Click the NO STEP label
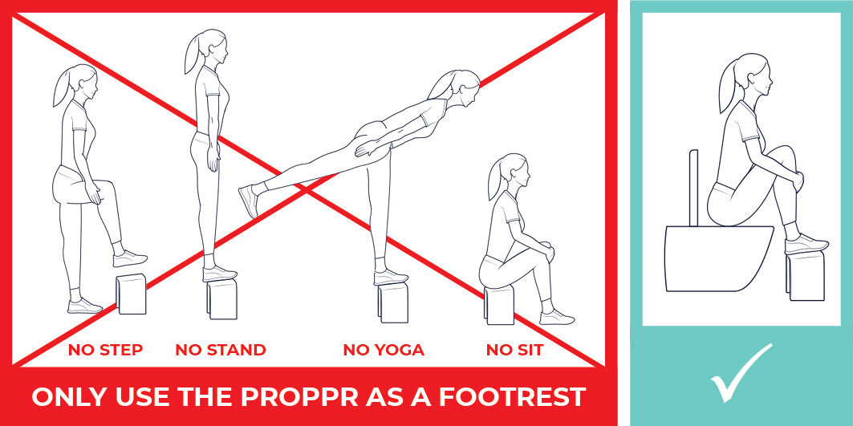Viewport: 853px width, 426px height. (106, 350)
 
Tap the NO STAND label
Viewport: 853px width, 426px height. (221, 350)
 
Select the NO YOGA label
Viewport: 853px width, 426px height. (384, 350)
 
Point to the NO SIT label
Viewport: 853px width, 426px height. (514, 350)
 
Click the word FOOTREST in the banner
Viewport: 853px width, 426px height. (513, 396)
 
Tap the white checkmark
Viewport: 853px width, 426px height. (741, 373)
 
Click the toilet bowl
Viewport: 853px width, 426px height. (719, 258)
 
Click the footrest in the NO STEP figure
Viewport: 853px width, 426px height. (131, 294)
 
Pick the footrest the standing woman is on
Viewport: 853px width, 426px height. (222, 298)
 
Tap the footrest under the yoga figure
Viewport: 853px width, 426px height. (392, 302)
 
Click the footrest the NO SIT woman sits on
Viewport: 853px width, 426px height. (499, 305)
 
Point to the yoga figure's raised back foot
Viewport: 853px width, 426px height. (249, 201)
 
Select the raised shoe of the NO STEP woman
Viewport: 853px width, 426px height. (130, 258)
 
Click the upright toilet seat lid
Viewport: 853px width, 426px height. (693, 188)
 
